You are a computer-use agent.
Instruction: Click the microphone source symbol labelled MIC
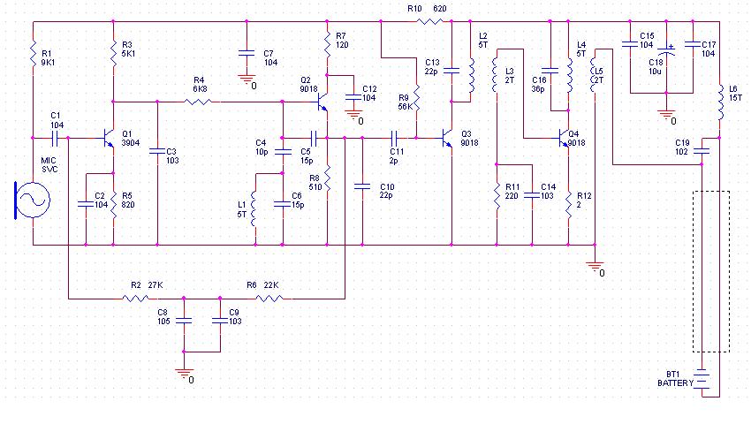click(33, 201)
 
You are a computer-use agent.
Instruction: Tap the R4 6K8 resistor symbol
click(200, 102)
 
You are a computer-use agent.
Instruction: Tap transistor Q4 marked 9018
click(565, 139)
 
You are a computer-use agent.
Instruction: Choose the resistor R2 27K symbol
click(137, 298)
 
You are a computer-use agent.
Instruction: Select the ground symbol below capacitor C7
click(246, 79)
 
